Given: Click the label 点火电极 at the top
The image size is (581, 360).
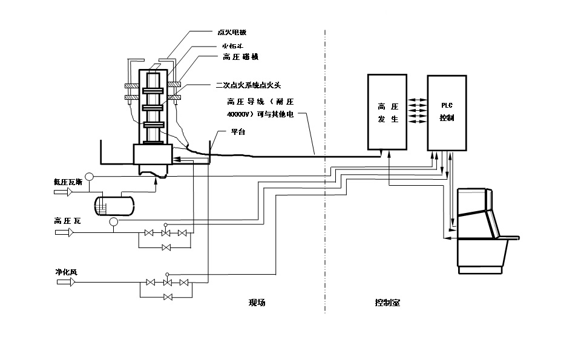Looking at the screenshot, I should click(x=232, y=32).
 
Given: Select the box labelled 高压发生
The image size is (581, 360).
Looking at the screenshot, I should click(x=387, y=112).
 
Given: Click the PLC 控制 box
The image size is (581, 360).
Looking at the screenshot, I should click(x=447, y=112).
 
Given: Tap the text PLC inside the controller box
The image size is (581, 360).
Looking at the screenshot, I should click(x=447, y=106).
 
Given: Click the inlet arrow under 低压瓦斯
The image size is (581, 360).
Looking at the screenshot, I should click(x=63, y=192).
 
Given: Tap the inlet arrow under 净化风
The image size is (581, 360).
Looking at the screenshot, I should click(x=63, y=282).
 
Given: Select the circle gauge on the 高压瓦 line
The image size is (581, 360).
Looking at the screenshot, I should click(x=113, y=222).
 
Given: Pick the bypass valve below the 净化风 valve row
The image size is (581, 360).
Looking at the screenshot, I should click(x=168, y=296).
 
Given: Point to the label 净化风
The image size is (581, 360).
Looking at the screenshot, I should click(x=65, y=271).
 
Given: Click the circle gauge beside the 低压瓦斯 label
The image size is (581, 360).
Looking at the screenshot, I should click(x=88, y=177).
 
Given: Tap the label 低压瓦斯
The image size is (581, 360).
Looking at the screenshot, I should click(x=68, y=181).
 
